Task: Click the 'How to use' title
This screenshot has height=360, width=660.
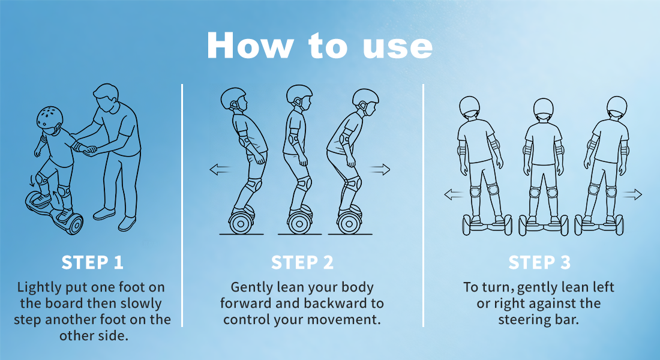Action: [319, 45]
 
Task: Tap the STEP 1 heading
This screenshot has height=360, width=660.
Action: [92, 262]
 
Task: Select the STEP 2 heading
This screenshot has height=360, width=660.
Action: [302, 262]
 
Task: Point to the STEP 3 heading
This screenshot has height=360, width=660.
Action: [539, 262]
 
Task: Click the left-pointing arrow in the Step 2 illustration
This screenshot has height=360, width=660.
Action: [220, 170]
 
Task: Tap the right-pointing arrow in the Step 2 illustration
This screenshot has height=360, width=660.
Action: [380, 170]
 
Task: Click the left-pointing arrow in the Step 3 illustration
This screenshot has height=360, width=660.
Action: [454, 194]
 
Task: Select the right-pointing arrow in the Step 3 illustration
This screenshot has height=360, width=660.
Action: [632, 194]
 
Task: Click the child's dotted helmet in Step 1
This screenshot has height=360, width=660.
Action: [49, 118]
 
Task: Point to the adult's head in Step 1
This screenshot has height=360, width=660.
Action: [106, 97]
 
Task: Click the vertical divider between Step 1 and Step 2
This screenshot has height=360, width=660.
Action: [182, 205]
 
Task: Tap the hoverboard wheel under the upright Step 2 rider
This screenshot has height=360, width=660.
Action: [299, 223]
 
